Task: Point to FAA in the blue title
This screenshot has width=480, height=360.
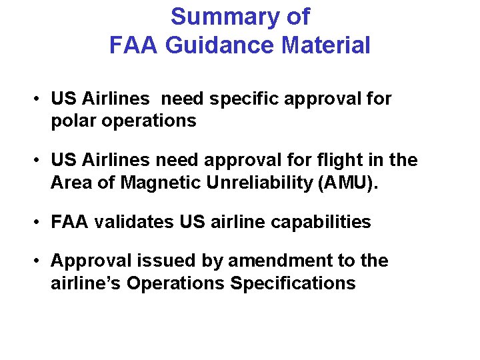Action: pos(132,46)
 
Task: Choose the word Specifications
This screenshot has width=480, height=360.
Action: pos(293,283)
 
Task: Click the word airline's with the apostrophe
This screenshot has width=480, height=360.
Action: pos(86,283)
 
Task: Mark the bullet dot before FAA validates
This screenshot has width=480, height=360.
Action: pos(40,223)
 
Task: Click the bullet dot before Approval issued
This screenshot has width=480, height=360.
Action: pos(40,261)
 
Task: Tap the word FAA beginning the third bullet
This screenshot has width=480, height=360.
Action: pos(70,222)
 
